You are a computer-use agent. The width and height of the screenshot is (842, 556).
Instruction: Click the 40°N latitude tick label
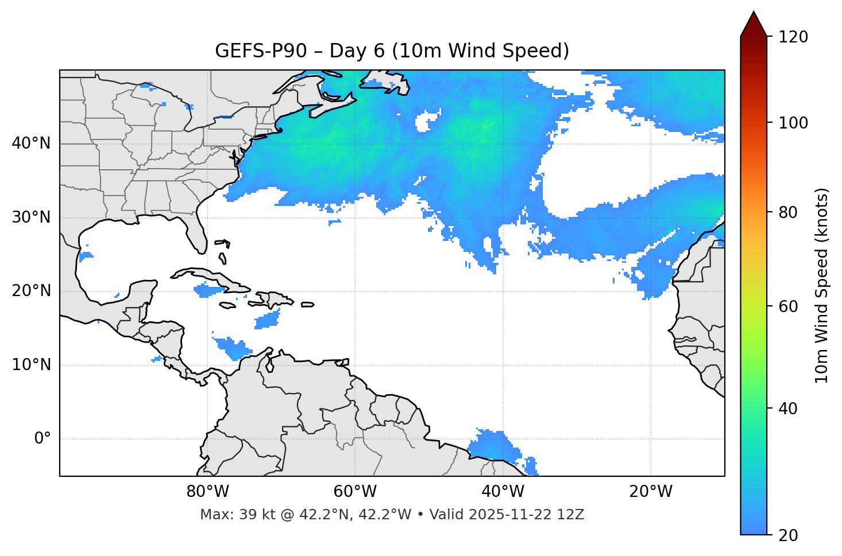coord(31,143)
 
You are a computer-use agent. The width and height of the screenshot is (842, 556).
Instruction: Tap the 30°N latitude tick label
coord(31,217)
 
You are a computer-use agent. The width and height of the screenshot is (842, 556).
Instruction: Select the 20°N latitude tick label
coord(31,291)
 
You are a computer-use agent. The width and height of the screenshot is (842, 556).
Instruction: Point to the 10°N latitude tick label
coord(31,365)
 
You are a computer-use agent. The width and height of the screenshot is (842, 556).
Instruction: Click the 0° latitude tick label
coord(43,439)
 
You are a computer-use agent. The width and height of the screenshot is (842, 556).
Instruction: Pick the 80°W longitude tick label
coord(207,492)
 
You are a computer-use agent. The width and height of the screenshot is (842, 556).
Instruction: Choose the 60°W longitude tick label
coord(355,492)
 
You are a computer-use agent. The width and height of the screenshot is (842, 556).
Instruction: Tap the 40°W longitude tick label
coord(503,492)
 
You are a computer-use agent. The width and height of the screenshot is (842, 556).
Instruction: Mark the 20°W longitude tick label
coord(651,492)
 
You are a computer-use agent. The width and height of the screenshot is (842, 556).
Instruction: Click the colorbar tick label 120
coord(793,37)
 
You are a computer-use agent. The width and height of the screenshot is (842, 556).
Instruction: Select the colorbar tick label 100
coord(793,123)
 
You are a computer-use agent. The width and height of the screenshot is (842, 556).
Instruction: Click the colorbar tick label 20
coord(788,535)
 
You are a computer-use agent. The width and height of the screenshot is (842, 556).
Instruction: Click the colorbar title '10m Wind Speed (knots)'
coord(822,285)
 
